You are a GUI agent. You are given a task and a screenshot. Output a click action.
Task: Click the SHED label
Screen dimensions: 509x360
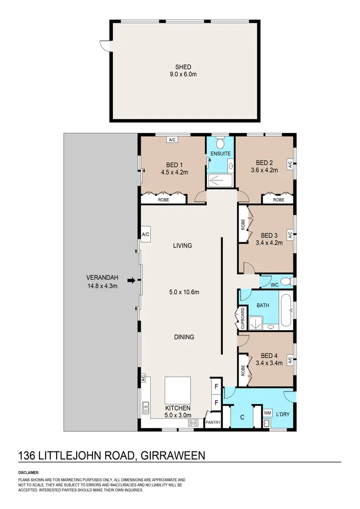tap(183, 67)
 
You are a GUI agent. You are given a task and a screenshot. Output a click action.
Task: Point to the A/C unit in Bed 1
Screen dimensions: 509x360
tap(172, 140)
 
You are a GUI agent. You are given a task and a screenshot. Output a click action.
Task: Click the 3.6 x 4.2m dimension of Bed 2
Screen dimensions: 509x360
tap(264, 169)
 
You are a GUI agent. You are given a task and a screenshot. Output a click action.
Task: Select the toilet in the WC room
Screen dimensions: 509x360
tap(286, 281)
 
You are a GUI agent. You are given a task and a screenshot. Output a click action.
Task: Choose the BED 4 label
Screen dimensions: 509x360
tap(269, 355)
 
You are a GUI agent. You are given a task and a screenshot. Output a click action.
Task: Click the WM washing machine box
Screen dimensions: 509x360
tap(267, 413)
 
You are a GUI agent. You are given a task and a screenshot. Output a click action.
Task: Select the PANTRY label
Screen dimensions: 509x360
tap(213, 423)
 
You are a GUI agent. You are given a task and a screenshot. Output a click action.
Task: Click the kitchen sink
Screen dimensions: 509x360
tap(145, 409)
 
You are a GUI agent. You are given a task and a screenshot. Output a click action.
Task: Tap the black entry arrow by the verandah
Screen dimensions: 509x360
tap(131, 281)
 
